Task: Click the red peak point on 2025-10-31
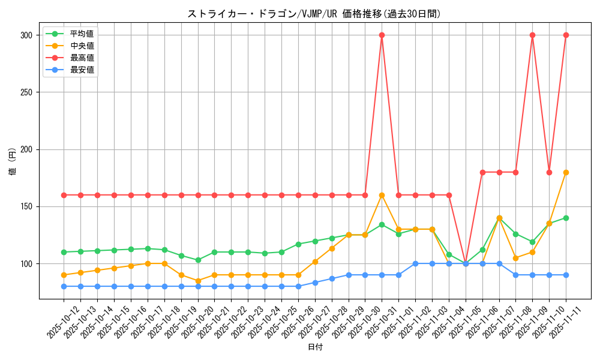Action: tap(382, 35)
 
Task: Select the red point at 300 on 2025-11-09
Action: tap(532, 35)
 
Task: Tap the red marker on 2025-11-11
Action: tap(566, 35)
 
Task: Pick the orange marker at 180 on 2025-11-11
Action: tap(566, 172)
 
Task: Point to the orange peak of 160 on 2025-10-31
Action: tap(382, 195)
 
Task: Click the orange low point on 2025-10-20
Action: tap(198, 281)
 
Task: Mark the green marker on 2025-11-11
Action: tap(566, 218)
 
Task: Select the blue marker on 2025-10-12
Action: tap(64, 286)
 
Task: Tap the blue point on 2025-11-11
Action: tap(566, 275)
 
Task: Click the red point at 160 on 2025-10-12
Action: tap(64, 195)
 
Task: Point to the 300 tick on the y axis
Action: tap(26, 35)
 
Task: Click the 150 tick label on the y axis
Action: tap(26, 206)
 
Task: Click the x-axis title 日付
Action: tap(315, 347)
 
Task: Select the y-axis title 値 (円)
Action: tap(13, 162)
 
